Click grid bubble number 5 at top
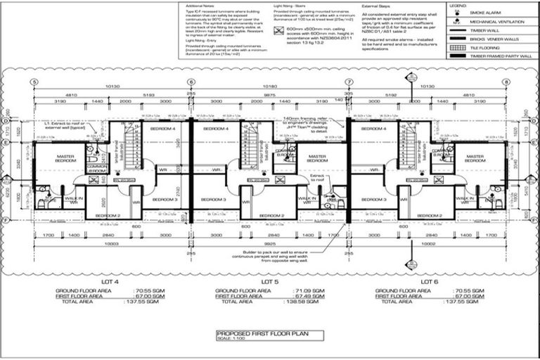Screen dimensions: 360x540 (32, 82)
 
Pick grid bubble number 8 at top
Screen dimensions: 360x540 (506, 82)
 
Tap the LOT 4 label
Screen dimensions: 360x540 (111, 281)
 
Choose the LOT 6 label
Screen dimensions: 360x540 (428, 281)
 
